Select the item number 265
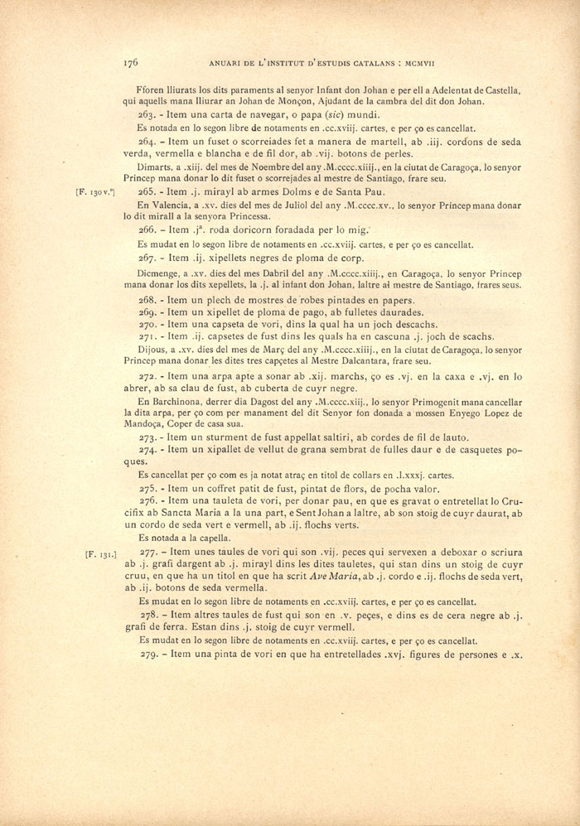click(147, 191)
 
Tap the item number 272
click(147, 375)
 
